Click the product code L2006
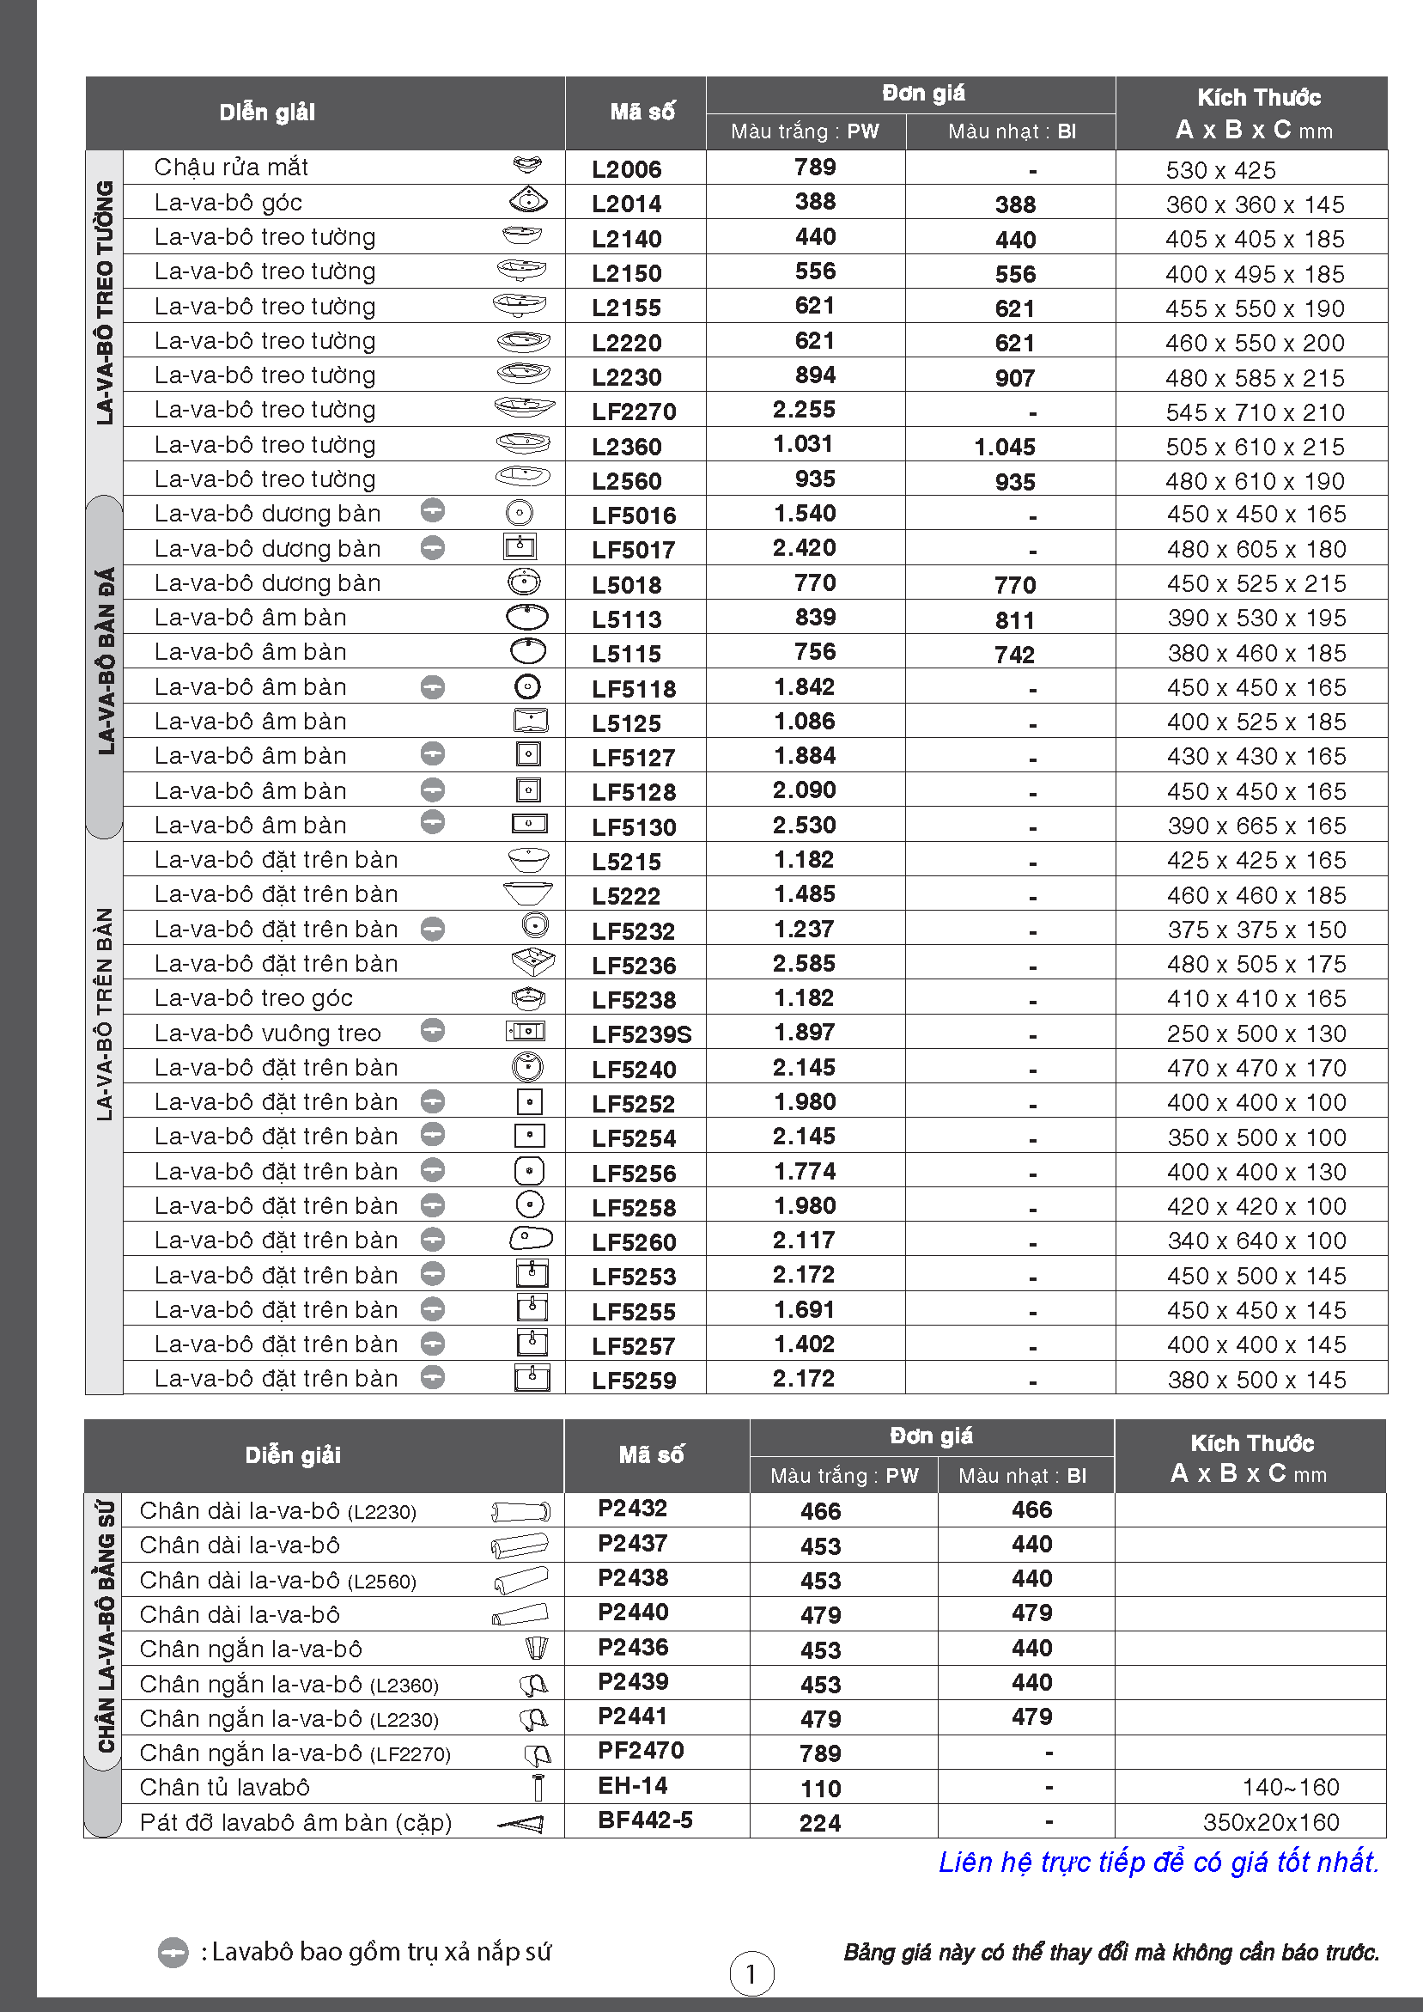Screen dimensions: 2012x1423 click(626, 169)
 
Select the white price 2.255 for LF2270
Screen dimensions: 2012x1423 click(804, 410)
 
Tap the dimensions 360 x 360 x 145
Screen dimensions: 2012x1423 click(1254, 204)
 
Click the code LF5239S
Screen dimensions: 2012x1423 click(642, 1034)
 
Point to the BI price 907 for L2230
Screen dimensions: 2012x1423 click(1015, 378)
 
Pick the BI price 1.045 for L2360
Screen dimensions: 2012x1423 click(1004, 447)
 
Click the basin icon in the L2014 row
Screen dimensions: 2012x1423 click(527, 201)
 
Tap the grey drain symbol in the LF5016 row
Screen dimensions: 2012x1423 click(433, 510)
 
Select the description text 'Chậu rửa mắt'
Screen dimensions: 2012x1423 click(231, 167)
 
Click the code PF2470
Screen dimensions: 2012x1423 click(641, 1750)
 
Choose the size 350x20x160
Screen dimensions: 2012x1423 click(1270, 1822)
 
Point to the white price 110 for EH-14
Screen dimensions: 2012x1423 click(820, 1788)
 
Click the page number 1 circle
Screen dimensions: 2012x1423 click(751, 1972)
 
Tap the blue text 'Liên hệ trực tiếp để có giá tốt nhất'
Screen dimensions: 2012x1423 click(1158, 1862)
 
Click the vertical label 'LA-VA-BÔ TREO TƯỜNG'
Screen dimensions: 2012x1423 click(105, 303)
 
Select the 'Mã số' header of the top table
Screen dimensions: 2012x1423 click(642, 113)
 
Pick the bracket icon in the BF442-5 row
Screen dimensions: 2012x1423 click(522, 1823)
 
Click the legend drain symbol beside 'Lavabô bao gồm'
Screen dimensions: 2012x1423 click(173, 1953)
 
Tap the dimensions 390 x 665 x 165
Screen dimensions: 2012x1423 click(1256, 826)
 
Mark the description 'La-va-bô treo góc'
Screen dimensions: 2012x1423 click(253, 998)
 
